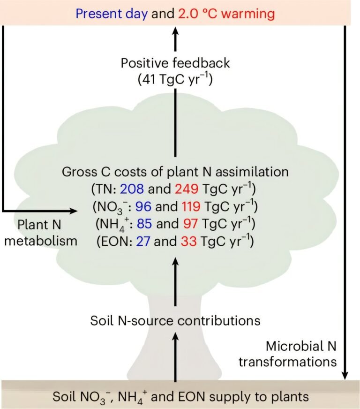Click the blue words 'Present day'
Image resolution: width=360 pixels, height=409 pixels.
112,14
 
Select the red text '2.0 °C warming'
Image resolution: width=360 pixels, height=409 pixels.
226,14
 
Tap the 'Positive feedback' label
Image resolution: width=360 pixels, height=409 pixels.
175,63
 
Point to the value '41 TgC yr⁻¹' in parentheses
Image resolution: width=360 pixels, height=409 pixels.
175,79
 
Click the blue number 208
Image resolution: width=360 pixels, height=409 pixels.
132,189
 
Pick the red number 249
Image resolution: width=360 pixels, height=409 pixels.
187,189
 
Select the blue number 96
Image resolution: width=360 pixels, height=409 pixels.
143,206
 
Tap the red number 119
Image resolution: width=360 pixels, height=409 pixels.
191,206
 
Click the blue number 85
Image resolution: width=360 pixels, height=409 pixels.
144,224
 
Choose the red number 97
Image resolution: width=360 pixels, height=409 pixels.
190,224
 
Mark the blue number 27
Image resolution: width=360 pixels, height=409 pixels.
143,241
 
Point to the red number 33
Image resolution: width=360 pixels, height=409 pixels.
189,241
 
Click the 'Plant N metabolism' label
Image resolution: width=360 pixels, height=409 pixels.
41,233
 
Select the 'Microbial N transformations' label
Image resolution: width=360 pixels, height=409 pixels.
288,354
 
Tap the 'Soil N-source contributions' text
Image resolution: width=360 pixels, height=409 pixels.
175,320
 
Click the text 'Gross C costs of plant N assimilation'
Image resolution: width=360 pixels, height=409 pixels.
175,172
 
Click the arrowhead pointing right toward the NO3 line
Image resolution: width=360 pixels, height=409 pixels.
74,211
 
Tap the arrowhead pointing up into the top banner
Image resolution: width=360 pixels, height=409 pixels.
175,31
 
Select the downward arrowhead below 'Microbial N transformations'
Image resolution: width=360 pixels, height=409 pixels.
345,376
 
